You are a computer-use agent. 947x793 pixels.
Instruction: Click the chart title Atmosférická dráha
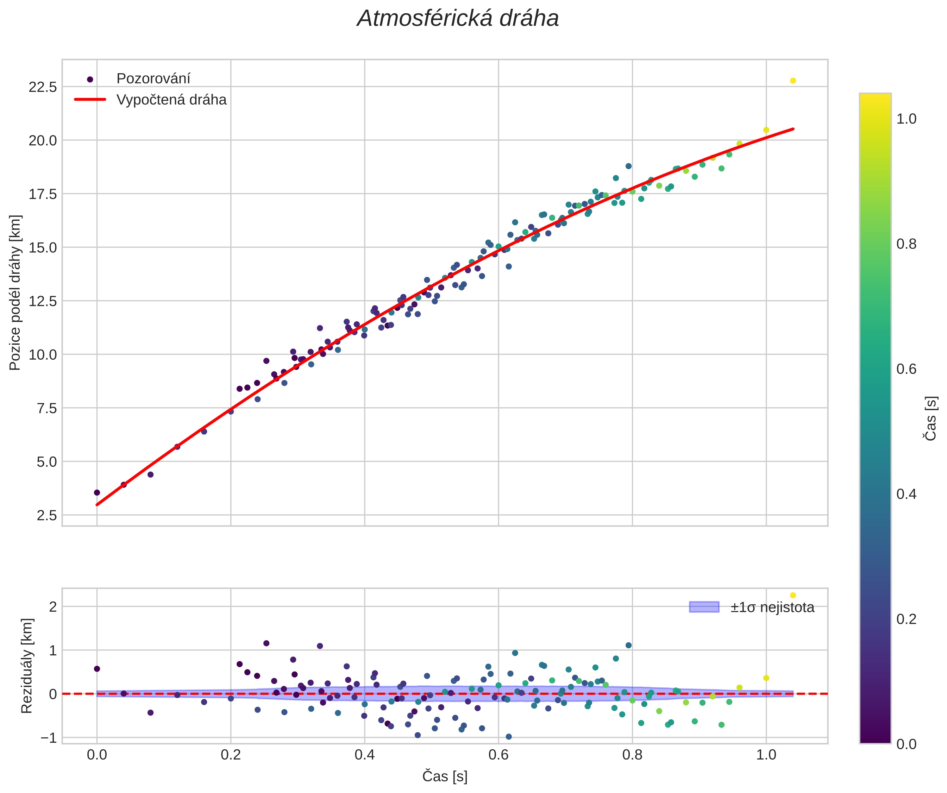[458, 19]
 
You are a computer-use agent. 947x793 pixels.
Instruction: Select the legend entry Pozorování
[153, 79]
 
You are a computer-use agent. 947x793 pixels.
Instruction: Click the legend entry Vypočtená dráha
[171, 100]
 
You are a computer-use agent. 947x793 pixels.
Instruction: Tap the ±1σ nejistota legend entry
[772, 607]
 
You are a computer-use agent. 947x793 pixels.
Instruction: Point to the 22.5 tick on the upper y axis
[43, 87]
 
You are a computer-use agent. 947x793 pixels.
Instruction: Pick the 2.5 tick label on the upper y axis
[47, 515]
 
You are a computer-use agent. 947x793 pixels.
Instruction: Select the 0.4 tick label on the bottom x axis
[364, 754]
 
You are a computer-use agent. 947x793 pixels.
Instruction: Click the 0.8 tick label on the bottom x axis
[632, 754]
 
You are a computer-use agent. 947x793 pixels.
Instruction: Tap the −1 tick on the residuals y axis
[49, 737]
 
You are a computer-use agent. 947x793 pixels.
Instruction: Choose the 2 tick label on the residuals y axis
[53, 607]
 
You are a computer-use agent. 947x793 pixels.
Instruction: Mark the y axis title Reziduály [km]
[27, 666]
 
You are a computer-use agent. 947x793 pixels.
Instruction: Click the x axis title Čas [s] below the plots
[445, 776]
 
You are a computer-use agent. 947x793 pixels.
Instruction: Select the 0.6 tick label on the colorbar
[907, 369]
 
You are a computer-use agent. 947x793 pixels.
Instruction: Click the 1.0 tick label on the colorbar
[907, 119]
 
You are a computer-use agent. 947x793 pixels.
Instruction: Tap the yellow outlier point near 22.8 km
[793, 81]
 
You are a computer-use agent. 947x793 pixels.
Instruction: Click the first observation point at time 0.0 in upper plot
[97, 492]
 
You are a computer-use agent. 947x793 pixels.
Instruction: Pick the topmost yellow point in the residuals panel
[793, 595]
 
